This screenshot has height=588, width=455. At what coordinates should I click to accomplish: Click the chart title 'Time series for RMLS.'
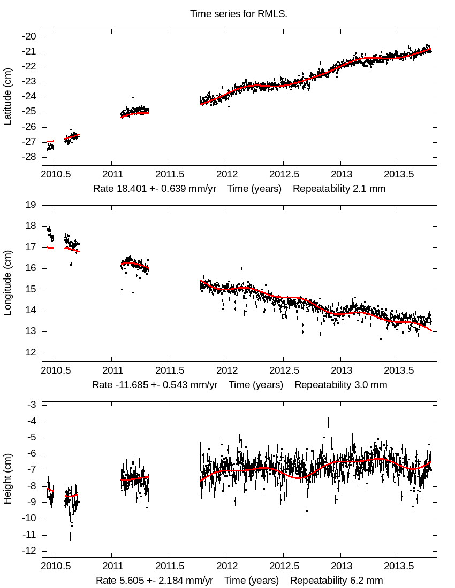coord(239,13)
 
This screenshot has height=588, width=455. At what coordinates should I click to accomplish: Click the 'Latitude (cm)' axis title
coord(7,96)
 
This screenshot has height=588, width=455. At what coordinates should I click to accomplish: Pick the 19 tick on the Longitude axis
coord(31,205)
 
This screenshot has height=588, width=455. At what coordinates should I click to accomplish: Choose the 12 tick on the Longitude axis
coord(31,353)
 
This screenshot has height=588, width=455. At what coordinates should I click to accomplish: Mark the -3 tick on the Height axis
coord(31,405)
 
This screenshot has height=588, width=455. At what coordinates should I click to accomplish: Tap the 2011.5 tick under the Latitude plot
coord(169,174)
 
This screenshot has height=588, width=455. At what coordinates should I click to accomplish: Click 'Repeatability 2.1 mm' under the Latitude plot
coord(339,189)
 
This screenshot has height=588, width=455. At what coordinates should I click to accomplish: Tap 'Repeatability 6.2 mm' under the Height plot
coord(337,581)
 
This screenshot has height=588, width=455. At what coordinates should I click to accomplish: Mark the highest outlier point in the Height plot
coord(328,422)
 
